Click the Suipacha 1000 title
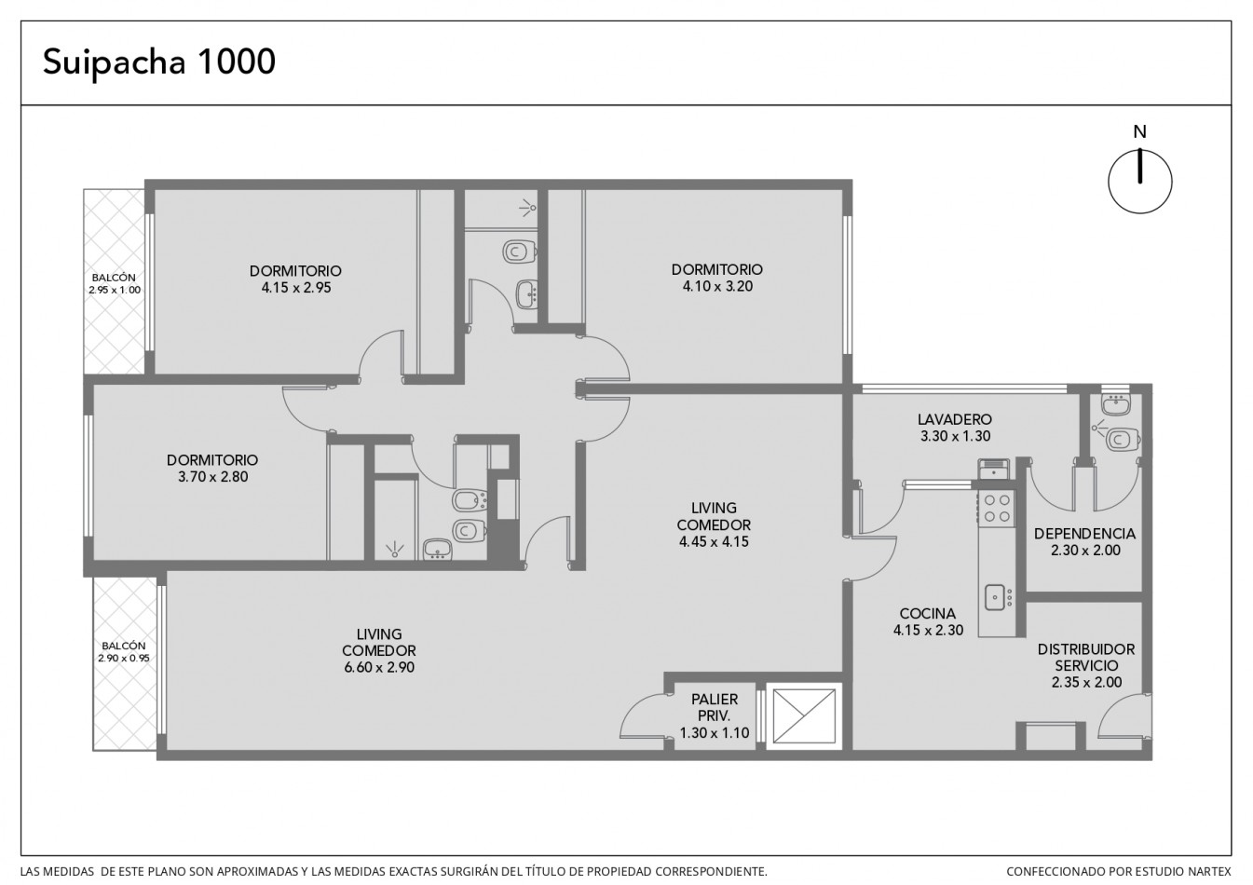click(x=159, y=62)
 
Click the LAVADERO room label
click(x=955, y=419)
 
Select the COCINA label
click(x=928, y=613)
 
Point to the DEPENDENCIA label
click(x=1084, y=534)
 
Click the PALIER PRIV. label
click(x=715, y=707)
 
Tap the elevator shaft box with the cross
click(x=804, y=716)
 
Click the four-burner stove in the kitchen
click(x=997, y=508)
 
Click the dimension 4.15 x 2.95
click(x=296, y=288)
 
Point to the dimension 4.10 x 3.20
click(x=717, y=286)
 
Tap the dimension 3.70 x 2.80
click(x=212, y=477)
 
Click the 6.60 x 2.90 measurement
click(x=379, y=667)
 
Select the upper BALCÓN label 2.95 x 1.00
click(x=114, y=283)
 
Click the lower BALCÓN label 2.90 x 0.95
click(x=124, y=652)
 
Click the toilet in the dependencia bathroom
click(x=1124, y=439)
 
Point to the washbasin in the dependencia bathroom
click(x=1116, y=404)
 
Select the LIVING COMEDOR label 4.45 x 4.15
click(x=714, y=524)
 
